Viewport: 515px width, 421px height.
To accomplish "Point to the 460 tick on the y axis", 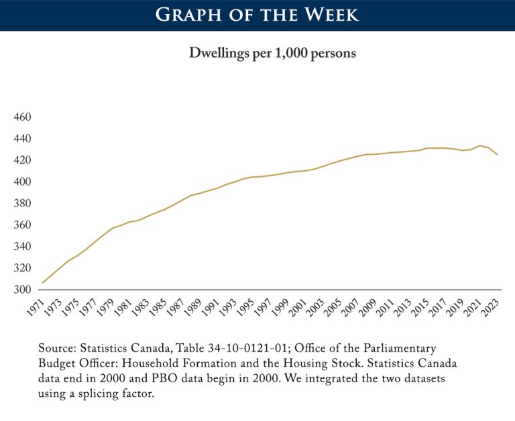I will [x=23, y=117].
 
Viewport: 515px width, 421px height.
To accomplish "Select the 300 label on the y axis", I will [x=23, y=290].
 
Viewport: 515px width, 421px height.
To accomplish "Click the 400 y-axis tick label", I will [x=23, y=182].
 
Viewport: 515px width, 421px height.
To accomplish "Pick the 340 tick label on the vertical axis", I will [x=23, y=247].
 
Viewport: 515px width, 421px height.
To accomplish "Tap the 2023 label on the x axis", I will [x=491, y=308].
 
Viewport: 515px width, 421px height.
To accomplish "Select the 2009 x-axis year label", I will [x=369, y=308].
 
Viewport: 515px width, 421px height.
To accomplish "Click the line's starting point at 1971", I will [x=43, y=283].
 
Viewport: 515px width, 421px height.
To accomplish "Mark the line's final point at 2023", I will [x=498, y=155].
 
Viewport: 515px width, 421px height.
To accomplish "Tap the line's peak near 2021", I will [x=480, y=145].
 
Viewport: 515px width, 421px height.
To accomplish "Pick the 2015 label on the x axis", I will [x=421, y=308].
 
